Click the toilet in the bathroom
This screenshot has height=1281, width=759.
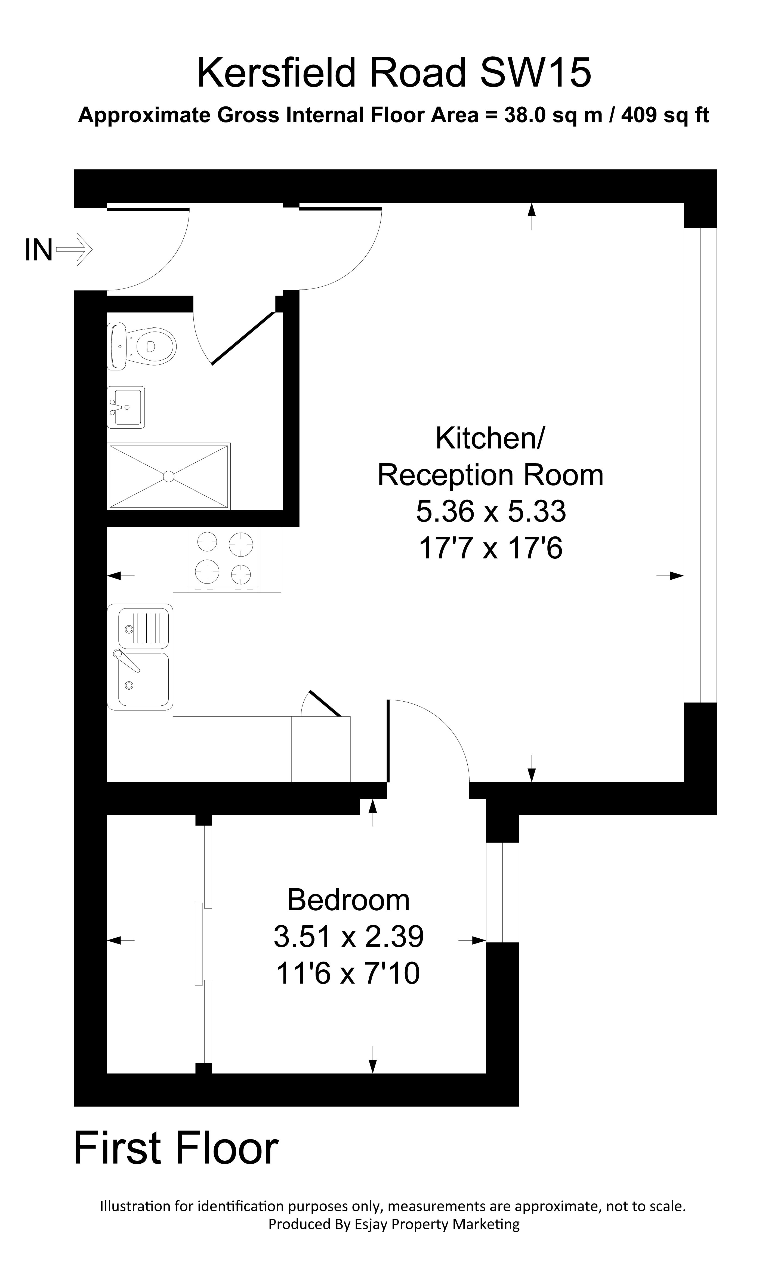click(143, 346)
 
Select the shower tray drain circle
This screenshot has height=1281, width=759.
click(168, 476)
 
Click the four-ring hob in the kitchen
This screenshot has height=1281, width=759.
click(224, 559)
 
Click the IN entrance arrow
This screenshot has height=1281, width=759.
click(75, 250)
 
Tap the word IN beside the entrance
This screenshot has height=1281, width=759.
click(38, 251)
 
